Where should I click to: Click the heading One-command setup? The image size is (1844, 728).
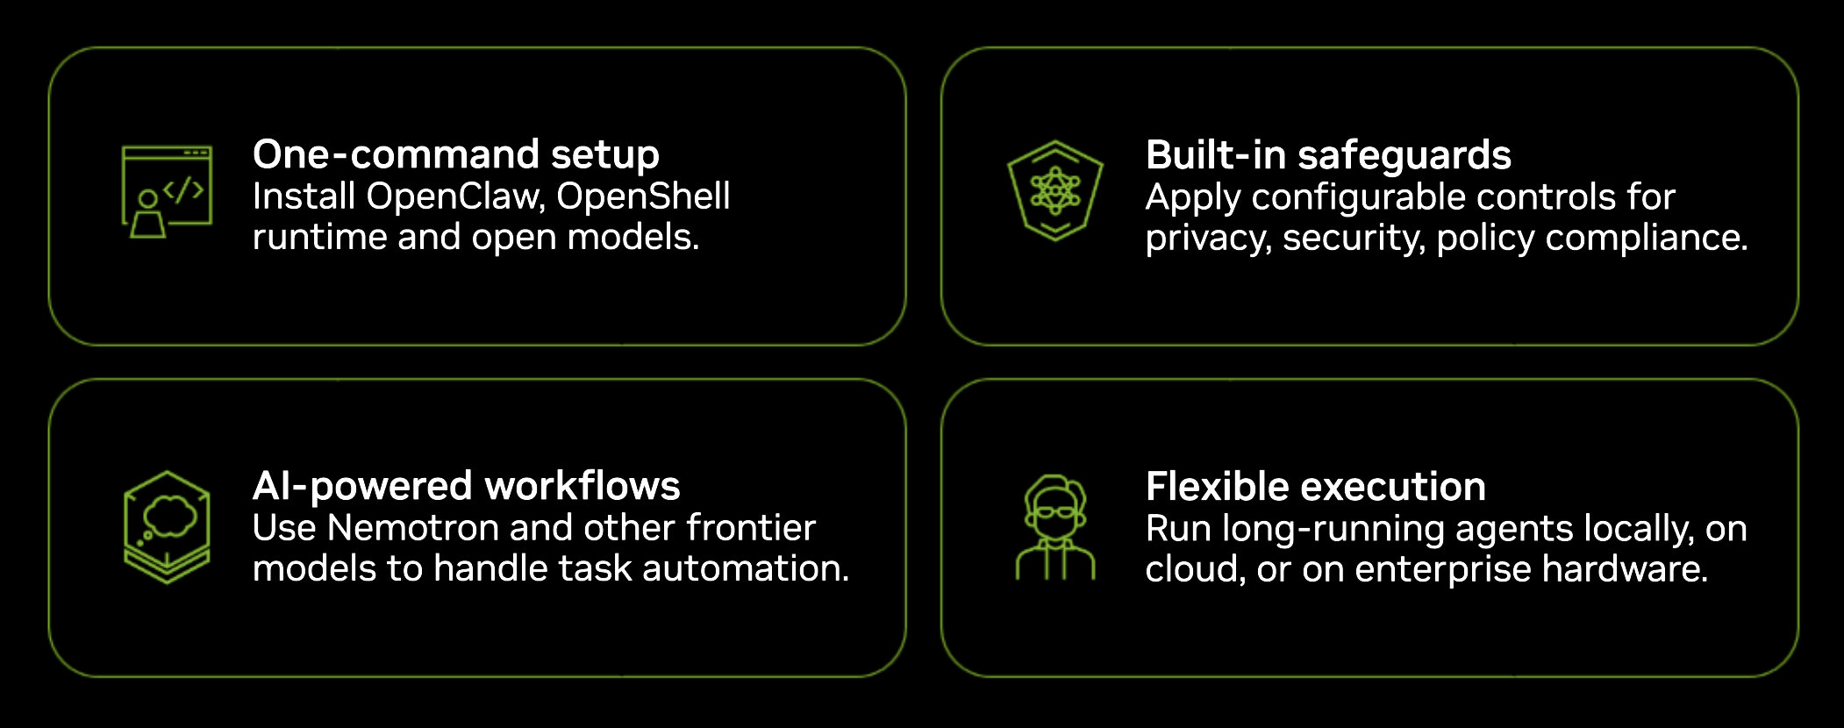(x=455, y=155)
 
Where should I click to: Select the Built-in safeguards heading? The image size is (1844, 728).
(x=1328, y=156)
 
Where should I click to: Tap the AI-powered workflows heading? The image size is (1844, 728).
(x=466, y=487)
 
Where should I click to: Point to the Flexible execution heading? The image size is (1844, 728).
(x=1315, y=488)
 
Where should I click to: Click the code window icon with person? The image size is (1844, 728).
(x=167, y=191)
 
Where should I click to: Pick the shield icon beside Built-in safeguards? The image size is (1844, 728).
(x=1054, y=190)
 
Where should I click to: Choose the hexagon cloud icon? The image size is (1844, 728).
(x=167, y=527)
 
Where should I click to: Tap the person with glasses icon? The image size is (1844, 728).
(x=1055, y=527)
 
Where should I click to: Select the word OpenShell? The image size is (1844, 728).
(x=643, y=196)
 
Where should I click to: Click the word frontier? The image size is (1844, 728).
(x=751, y=528)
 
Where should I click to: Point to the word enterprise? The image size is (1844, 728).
(x=1443, y=570)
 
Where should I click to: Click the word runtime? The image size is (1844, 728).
(x=319, y=237)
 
